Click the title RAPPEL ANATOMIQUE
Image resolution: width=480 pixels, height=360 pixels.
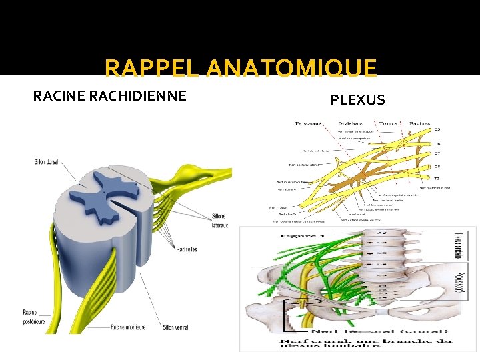click(x=241, y=68)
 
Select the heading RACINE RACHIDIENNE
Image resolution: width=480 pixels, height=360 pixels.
click(x=110, y=96)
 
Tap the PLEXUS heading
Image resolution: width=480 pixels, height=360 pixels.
click(x=357, y=100)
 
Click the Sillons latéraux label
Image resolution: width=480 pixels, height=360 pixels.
click(x=220, y=221)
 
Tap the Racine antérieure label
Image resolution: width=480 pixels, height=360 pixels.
click(x=127, y=327)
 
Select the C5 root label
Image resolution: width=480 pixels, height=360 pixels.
click(x=437, y=129)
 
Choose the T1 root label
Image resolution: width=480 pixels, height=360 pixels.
click(x=437, y=179)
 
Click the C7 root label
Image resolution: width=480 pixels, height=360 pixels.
click(x=437, y=153)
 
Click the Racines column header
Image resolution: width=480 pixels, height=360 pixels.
click(x=419, y=123)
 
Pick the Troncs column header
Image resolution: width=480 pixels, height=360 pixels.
click(x=388, y=123)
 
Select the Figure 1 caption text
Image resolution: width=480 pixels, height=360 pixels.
click(x=294, y=235)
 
